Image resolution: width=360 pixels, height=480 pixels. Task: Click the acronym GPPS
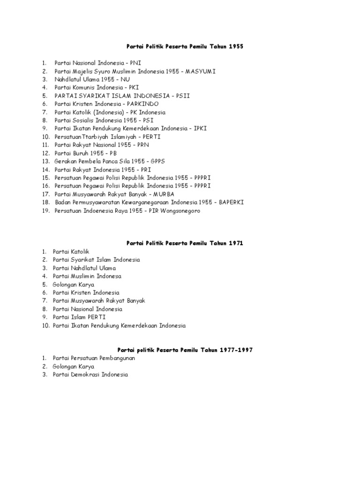click(x=156, y=161)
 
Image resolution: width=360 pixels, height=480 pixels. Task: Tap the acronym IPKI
click(x=200, y=128)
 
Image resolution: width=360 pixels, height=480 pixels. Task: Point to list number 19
click(x=45, y=211)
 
